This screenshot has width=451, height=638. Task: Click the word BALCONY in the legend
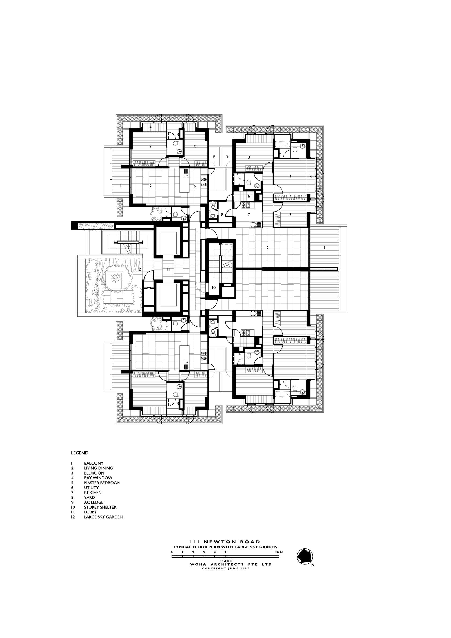[93, 463]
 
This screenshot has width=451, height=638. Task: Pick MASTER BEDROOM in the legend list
[102, 483]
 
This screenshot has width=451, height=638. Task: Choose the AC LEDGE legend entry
[94, 502]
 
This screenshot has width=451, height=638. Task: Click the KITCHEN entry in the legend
[93, 493]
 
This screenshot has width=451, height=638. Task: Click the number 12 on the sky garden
[139, 269]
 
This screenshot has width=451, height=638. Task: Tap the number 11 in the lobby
[168, 269]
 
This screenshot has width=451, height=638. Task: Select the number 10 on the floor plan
[213, 288]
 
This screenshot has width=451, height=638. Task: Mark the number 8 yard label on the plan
[222, 214]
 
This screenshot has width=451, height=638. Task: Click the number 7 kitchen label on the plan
[249, 214]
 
